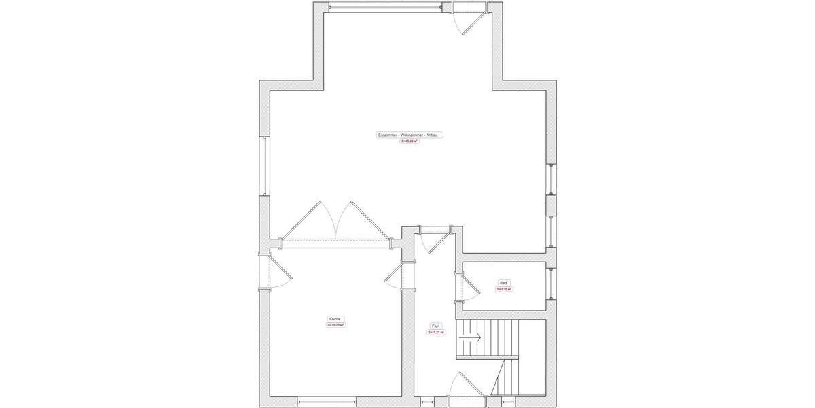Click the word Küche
click(335, 319)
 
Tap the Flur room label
click(435, 326)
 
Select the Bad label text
click(503, 283)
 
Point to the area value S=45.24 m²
click(410, 142)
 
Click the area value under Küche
click(336, 326)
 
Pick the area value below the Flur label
click(435, 333)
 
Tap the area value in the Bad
click(503, 289)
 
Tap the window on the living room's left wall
click(265, 166)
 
